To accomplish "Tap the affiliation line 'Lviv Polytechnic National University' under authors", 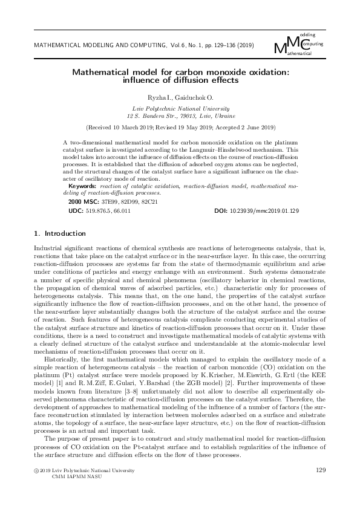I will [x=180, y=107].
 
